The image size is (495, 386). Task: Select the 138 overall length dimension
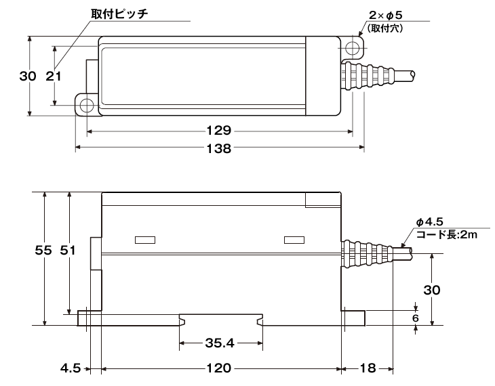click(220, 148)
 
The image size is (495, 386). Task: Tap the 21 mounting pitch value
click(54, 76)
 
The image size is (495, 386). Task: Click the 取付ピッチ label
click(119, 14)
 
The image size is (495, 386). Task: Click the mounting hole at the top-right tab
click(352, 49)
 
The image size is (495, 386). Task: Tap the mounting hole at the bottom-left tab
click(87, 105)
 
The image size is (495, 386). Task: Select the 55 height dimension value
click(44, 251)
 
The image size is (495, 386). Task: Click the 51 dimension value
click(68, 251)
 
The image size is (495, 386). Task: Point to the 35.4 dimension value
click(219, 343)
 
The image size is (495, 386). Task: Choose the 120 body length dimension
click(219, 369)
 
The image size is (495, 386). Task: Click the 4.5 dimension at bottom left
click(71, 369)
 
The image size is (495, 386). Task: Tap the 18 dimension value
click(368, 369)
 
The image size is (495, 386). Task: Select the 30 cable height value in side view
click(432, 290)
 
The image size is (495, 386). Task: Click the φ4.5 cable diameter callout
click(430, 221)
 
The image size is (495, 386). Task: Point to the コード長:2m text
click(447, 234)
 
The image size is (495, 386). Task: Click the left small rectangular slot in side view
click(145, 239)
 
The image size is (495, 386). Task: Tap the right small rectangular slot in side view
click(294, 239)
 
